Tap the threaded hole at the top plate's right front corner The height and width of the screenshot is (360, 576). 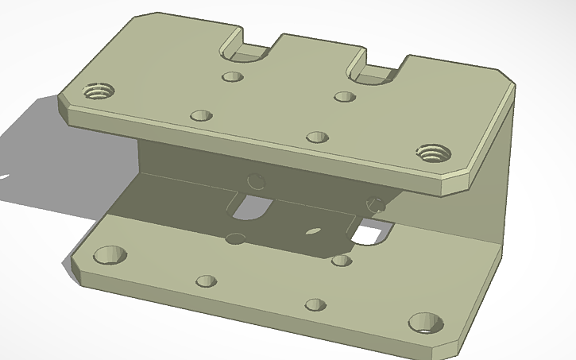[x=434, y=153]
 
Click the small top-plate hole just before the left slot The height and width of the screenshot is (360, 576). [x=232, y=77]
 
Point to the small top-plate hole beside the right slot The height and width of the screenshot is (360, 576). [x=344, y=97]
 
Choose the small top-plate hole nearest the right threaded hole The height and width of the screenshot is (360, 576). [x=317, y=137]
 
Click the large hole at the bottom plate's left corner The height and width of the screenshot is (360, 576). [x=110, y=255]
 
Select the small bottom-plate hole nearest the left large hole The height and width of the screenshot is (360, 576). [x=206, y=281]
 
